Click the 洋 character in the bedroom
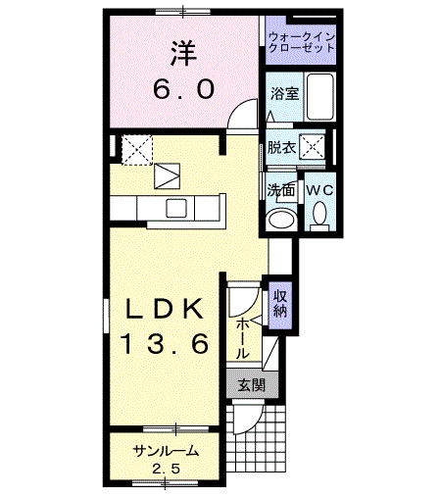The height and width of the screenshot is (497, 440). pos(183,53)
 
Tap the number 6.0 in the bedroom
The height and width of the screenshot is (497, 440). pos(184,89)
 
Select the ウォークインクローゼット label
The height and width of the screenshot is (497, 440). pos(301,42)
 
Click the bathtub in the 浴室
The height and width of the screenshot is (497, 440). pos(320,97)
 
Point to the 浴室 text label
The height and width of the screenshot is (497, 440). pos(285,94)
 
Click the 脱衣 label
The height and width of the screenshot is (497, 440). pos(281,147)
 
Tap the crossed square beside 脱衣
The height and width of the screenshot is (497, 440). pos(313,147)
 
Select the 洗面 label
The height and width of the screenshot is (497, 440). pos(281,190)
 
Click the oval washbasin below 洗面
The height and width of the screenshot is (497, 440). pos(281,220)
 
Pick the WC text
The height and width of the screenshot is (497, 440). pos(319,190)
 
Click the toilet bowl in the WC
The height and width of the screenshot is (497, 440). pos(319,216)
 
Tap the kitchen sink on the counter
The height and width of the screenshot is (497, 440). pos(176,208)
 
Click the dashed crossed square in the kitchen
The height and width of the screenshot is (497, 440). pos(137,150)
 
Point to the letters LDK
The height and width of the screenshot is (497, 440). pos(165,309)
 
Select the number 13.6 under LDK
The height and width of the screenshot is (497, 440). pos(165,344)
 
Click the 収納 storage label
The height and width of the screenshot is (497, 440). pos(280,304)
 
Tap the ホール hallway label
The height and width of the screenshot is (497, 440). pos(243,338)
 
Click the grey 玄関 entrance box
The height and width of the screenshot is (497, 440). pos(252,384)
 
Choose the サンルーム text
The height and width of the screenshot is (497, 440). pos(167,451)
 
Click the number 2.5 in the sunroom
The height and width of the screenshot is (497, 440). pos(167,470)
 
